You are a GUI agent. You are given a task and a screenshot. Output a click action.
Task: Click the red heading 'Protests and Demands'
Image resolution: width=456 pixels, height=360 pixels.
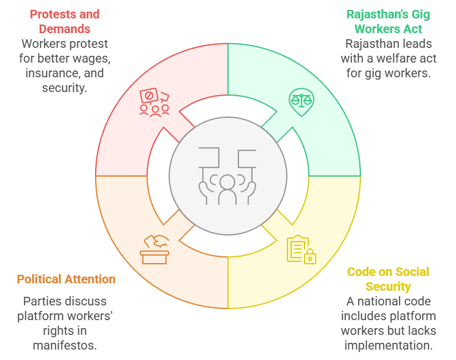[64, 21]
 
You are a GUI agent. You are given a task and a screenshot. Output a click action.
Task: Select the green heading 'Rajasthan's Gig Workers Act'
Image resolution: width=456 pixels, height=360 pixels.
[384, 21]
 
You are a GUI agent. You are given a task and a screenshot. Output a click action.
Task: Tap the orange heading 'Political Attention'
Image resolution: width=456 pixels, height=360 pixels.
[66, 279]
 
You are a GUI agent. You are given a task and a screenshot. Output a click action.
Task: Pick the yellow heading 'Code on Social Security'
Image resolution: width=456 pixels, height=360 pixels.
[388, 279]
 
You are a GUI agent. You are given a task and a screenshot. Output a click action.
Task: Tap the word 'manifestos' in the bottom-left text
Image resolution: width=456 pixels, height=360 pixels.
[64, 345]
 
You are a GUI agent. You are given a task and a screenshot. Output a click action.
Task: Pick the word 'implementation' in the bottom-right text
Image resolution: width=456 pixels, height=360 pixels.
[388, 345]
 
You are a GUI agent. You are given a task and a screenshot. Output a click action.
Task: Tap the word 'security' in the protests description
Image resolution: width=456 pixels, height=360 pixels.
[65, 88]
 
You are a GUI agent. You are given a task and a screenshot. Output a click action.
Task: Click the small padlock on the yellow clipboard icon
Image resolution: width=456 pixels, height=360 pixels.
[310, 256]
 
